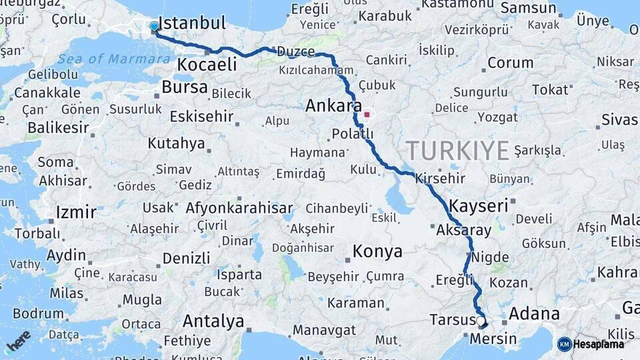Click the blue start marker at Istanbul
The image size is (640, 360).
(x=155, y=27)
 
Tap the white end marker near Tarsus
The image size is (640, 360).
(x=481, y=321)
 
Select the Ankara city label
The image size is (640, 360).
(x=333, y=106)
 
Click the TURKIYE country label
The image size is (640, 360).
(x=457, y=151)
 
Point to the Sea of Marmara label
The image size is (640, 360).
(x=113, y=59)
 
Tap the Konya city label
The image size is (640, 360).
(x=377, y=251)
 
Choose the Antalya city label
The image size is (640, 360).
(x=213, y=321)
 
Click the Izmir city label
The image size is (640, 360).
(x=76, y=213)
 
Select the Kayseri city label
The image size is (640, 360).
(x=479, y=205)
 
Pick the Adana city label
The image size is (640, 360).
(x=534, y=313)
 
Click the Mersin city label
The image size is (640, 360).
(x=493, y=339)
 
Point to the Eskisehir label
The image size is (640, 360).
(x=201, y=117)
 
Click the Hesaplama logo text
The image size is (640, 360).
(x=599, y=344)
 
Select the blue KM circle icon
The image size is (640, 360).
(x=564, y=344)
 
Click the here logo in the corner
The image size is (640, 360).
(x=19, y=341)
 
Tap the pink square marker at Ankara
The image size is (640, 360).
(x=367, y=114)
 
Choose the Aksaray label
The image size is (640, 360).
(x=463, y=231)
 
